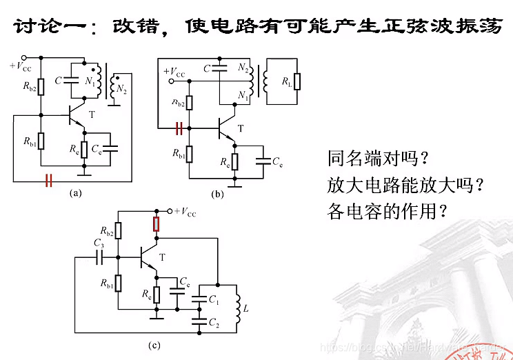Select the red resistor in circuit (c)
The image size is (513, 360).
coord(157,224)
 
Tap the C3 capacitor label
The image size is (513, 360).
coord(99,243)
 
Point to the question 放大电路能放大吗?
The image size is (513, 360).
coord(404,185)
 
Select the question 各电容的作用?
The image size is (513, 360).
coord(387,211)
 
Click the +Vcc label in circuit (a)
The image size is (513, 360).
coord(20,67)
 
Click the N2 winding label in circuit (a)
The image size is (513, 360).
coord(121,89)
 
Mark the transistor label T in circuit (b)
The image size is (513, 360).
coord(240,128)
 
